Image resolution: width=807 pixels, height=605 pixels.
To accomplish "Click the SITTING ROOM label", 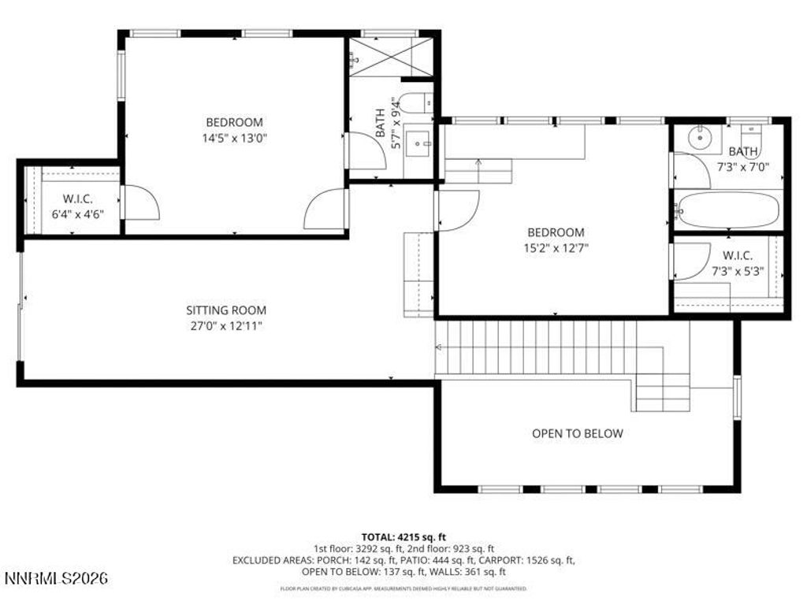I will pyautogui.click(x=225, y=310).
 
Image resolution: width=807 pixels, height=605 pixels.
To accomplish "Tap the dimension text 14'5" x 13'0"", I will pyautogui.click(x=234, y=137).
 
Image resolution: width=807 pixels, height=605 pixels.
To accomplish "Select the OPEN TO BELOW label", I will pyautogui.click(x=577, y=433).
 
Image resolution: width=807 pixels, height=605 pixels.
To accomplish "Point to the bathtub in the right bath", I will pyautogui.click(x=728, y=210).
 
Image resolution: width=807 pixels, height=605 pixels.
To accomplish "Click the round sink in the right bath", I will pyautogui.click(x=698, y=139).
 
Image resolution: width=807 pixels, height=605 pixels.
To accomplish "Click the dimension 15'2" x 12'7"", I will pyautogui.click(x=555, y=247).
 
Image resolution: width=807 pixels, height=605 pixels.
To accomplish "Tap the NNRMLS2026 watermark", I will pyautogui.click(x=55, y=579).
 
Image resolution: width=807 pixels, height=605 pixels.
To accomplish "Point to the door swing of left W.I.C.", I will pyautogui.click(x=140, y=203).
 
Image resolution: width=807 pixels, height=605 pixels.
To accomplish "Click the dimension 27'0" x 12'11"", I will pyautogui.click(x=225, y=325).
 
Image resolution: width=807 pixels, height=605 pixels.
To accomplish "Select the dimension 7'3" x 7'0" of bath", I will pyautogui.click(x=742, y=166).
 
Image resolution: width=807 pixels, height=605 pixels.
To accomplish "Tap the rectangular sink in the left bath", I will pyautogui.click(x=421, y=143).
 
